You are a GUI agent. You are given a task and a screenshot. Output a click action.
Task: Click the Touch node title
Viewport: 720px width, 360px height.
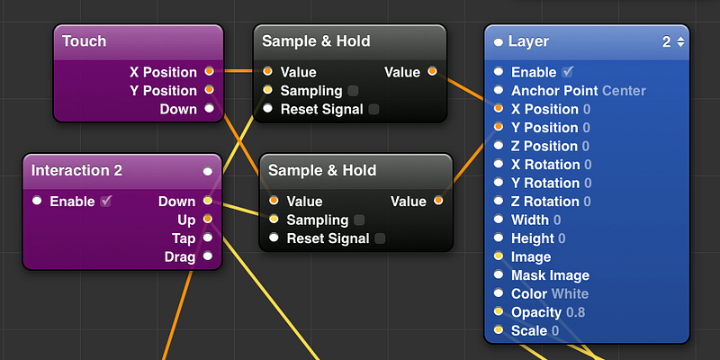pyautogui.click(x=84, y=41)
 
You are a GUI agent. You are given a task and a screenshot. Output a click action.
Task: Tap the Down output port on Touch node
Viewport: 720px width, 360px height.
pyautogui.click(x=210, y=108)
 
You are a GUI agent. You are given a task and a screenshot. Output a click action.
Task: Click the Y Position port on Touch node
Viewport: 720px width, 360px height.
pyautogui.click(x=210, y=89)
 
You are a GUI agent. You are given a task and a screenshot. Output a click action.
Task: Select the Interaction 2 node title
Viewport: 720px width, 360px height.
pyautogui.click(x=76, y=171)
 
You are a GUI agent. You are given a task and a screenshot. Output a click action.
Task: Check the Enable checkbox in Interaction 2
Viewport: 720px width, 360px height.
pyautogui.click(x=106, y=201)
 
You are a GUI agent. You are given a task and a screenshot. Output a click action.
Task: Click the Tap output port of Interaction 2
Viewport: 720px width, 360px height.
pyautogui.click(x=208, y=238)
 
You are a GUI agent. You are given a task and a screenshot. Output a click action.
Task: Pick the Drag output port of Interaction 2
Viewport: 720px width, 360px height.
pyautogui.click(x=208, y=256)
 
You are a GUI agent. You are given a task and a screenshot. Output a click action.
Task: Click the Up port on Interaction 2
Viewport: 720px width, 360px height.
pyautogui.click(x=208, y=219)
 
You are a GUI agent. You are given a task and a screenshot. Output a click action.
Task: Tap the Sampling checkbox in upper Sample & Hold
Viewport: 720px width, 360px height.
pyautogui.click(x=353, y=91)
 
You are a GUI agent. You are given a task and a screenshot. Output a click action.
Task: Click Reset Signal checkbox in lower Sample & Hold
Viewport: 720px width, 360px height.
pyautogui.click(x=380, y=238)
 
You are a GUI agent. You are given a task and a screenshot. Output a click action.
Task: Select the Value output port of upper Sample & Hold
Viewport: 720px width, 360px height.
pyautogui.click(x=432, y=71)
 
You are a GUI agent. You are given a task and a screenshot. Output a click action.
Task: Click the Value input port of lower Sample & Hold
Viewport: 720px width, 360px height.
pyautogui.click(x=274, y=201)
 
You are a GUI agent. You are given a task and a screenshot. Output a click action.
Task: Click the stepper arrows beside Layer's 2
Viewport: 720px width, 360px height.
pyautogui.click(x=680, y=41)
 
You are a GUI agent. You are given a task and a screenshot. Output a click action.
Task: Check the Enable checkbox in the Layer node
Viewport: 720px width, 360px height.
pyautogui.click(x=568, y=72)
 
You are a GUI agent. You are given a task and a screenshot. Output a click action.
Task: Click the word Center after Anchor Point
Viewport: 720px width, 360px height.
pyautogui.click(x=624, y=91)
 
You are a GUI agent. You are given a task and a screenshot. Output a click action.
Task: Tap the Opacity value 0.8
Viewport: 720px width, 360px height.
pyautogui.click(x=576, y=312)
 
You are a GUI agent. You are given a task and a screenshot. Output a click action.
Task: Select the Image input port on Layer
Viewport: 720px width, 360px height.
pyautogui.click(x=499, y=256)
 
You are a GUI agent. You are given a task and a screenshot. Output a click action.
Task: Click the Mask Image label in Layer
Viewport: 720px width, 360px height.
pyautogui.click(x=550, y=275)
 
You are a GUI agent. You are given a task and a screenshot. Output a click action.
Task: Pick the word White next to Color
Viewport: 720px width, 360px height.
pyautogui.click(x=570, y=294)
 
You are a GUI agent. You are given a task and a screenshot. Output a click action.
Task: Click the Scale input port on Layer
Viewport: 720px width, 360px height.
pyautogui.click(x=499, y=330)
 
